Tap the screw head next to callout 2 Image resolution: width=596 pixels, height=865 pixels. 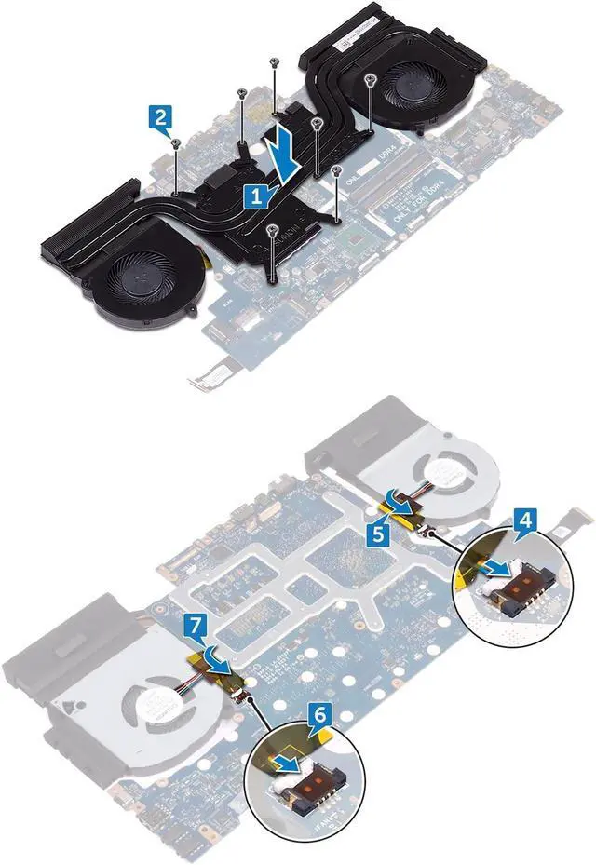(x=176, y=142)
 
